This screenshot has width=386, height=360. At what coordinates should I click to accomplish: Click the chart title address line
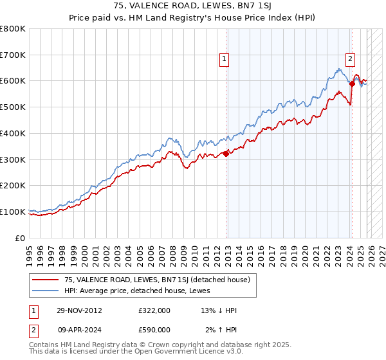click(193, 6)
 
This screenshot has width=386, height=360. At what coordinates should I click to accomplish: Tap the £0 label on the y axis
click(21, 238)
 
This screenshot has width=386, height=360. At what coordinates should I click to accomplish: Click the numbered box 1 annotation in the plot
click(225, 60)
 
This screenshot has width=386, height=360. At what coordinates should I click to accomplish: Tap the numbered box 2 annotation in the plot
click(350, 60)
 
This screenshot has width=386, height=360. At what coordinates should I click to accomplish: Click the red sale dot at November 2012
click(226, 154)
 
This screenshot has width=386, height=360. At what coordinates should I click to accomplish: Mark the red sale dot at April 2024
click(352, 84)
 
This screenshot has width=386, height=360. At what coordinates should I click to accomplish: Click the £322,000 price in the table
click(154, 310)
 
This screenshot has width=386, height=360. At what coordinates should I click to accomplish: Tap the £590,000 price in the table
click(154, 329)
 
